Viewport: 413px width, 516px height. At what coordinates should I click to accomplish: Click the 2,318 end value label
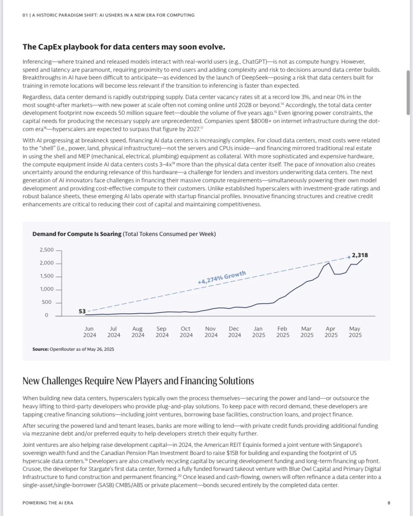click(x=360, y=255)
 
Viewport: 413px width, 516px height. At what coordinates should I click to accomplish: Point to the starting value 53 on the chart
click(x=82, y=311)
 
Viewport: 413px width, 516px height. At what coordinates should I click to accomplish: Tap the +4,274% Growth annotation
click(x=222, y=278)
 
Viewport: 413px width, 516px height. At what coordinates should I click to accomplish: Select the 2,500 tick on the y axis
click(x=47, y=250)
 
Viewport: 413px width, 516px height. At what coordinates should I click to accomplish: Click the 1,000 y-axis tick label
click(x=47, y=289)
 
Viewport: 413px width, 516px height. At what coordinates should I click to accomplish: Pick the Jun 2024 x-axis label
click(x=89, y=332)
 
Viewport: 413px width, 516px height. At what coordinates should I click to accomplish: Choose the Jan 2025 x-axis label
click(x=259, y=332)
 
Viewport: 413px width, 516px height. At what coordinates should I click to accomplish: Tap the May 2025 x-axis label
click(x=355, y=332)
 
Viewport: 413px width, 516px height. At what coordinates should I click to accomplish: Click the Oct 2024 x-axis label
click(x=186, y=332)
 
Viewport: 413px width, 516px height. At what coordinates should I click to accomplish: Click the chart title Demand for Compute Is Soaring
click(x=77, y=234)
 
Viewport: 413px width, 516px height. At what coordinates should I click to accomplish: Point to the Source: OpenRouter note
click(x=73, y=349)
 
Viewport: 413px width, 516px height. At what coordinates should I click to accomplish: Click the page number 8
click(x=389, y=503)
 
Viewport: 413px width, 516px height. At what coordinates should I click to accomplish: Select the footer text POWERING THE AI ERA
click(x=48, y=503)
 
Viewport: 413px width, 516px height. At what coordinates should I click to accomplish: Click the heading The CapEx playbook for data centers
click(x=124, y=47)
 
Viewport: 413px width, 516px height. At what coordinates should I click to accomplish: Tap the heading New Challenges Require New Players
click(x=138, y=381)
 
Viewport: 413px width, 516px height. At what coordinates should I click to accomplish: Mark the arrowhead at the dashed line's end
click(x=348, y=257)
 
